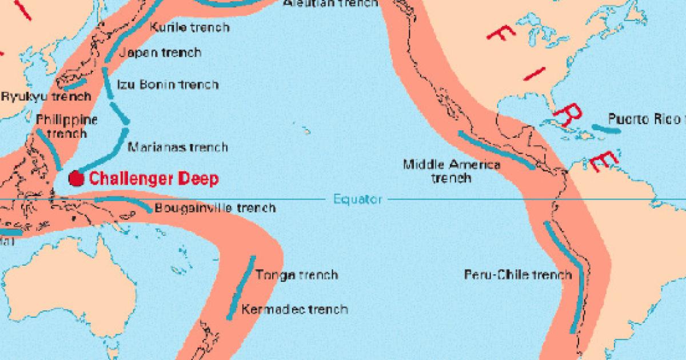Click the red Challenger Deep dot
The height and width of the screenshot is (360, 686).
pos(75,178)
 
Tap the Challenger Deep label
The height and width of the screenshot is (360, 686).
pos(154,179)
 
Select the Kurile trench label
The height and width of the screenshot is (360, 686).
pos(189,27)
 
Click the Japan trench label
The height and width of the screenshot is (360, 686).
pos(160,53)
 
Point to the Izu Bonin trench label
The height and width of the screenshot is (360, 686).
pos(167,85)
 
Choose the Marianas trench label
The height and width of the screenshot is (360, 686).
pos(178,147)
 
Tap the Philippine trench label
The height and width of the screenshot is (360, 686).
pos(67,126)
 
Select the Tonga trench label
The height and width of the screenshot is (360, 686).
pos(296,275)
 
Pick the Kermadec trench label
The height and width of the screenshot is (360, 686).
pos(294,309)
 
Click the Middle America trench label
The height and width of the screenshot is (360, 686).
pos(452,171)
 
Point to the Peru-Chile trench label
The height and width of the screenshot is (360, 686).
pos(517,275)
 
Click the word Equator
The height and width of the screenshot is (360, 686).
pos(357,199)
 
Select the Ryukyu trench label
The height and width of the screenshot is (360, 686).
pos(46,97)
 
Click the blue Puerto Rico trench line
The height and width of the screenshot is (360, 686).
pos(605,128)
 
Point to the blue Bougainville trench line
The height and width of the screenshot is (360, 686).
pos(123,202)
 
